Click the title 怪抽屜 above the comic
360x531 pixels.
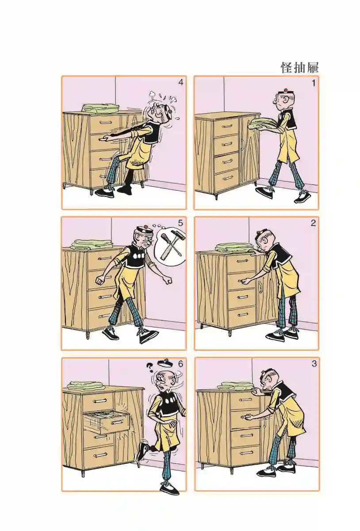click(299, 68)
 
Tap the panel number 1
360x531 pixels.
click(314, 83)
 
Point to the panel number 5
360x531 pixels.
click(180, 223)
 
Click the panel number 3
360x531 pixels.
click(314, 364)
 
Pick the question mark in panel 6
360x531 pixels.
click(150, 367)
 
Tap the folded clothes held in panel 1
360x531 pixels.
click(262, 123)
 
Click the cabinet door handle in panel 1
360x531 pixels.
click(242, 144)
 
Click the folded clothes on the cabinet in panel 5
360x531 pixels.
click(87, 244)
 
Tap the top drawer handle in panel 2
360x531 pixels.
click(241, 261)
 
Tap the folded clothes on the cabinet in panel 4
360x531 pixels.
click(100, 108)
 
